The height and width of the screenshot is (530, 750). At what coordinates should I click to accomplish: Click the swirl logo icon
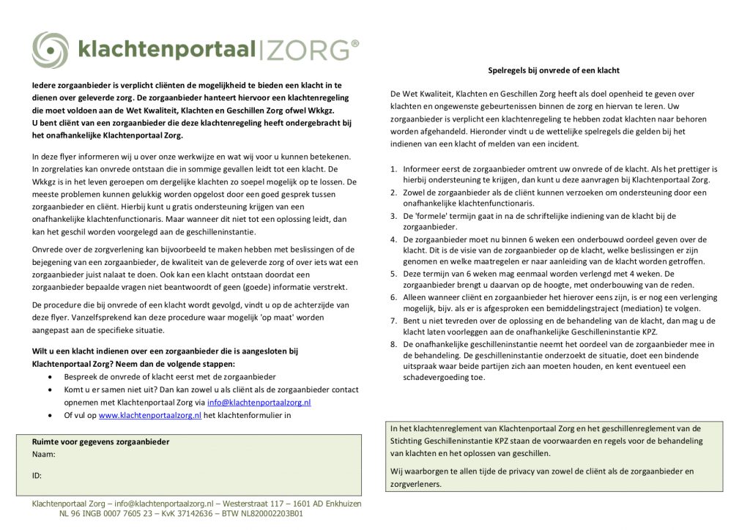50,50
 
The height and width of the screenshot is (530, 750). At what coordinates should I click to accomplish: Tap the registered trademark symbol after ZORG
355,44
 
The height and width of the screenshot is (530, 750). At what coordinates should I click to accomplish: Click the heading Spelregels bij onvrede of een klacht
554,70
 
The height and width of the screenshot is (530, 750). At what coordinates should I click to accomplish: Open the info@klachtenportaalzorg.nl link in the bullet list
259,402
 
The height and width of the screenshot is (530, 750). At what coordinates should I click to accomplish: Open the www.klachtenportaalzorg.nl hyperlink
149,415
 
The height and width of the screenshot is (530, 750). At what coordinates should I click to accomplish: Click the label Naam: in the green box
44,455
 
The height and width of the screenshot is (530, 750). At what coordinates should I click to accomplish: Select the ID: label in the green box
37,475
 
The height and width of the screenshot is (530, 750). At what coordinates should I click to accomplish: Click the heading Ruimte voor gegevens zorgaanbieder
100,442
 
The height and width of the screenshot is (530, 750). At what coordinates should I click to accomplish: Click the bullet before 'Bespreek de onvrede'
49,376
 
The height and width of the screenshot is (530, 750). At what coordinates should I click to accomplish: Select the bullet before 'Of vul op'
49,415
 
